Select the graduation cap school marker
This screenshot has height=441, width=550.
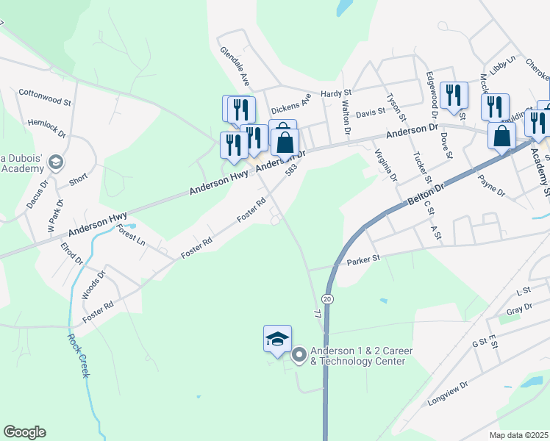pos(277,340)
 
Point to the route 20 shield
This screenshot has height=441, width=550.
pos(327,298)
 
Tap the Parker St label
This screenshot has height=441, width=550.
pos(363,259)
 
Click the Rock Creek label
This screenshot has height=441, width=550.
pos(79,356)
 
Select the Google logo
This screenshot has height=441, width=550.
pos(24,432)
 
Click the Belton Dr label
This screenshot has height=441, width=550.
pos(426,195)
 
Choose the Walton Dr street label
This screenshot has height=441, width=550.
pos(345,118)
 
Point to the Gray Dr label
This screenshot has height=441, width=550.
pos(519,311)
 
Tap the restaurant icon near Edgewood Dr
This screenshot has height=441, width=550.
pos(454,96)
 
